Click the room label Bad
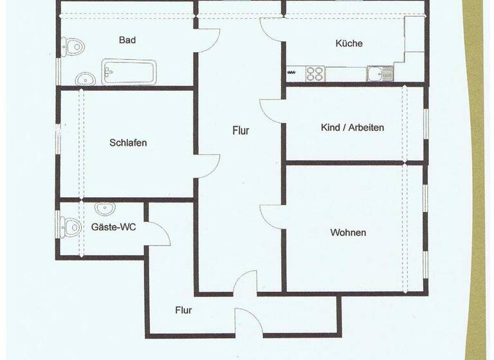[127, 40]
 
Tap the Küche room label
[349, 44]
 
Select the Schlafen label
[128, 143]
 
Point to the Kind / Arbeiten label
[352, 127]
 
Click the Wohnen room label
[348, 232]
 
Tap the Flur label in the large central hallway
[241, 130]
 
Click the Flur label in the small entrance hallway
[183, 310]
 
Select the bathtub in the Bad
[129, 72]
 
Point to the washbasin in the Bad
[85, 79]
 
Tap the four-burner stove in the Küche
[315, 73]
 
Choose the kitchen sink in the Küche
[380, 74]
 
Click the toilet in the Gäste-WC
[69, 226]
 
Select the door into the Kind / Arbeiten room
[271, 111]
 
